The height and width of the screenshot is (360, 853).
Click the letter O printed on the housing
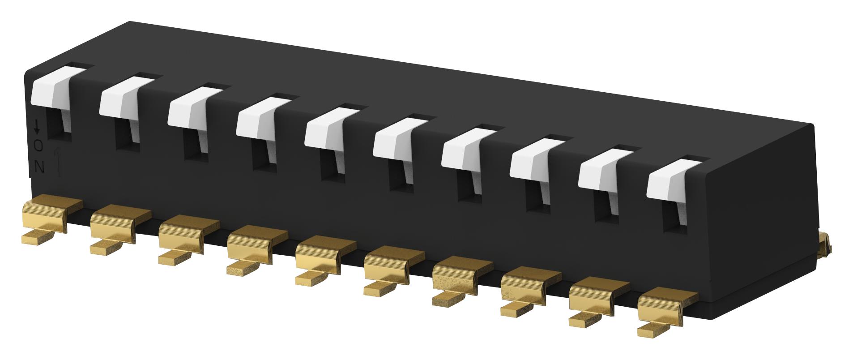pos(39,146)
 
